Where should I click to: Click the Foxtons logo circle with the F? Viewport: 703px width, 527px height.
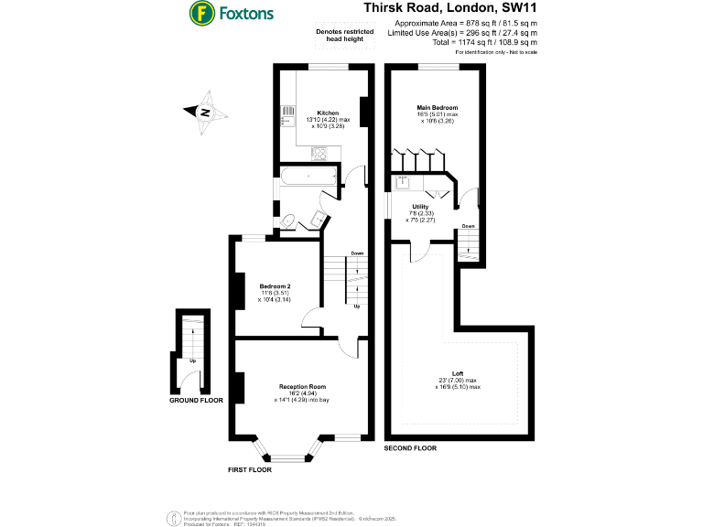pos(201,14)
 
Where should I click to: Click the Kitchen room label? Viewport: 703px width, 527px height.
pos(328,113)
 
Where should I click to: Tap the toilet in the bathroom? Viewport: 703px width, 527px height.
pos(287,220)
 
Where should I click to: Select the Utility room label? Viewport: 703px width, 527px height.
pos(420,207)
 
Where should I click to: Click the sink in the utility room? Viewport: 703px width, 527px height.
pos(402,182)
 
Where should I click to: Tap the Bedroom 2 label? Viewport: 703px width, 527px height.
pos(275,286)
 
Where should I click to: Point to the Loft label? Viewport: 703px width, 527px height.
pos(457,373)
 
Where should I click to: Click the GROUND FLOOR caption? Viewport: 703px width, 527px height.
pos(196,401)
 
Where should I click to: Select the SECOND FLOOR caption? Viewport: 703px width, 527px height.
pos(411,448)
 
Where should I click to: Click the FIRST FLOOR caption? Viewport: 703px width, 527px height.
pos(250,469)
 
